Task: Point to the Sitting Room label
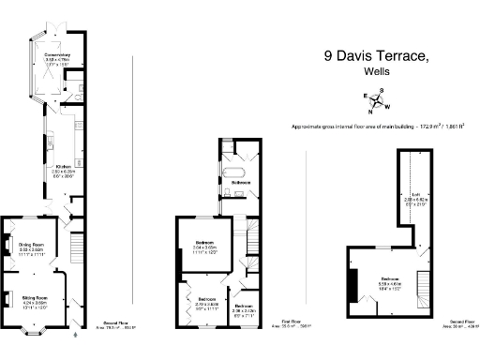click(x=35, y=297)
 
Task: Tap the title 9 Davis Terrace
click(x=377, y=55)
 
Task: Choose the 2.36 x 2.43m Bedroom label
click(x=245, y=309)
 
